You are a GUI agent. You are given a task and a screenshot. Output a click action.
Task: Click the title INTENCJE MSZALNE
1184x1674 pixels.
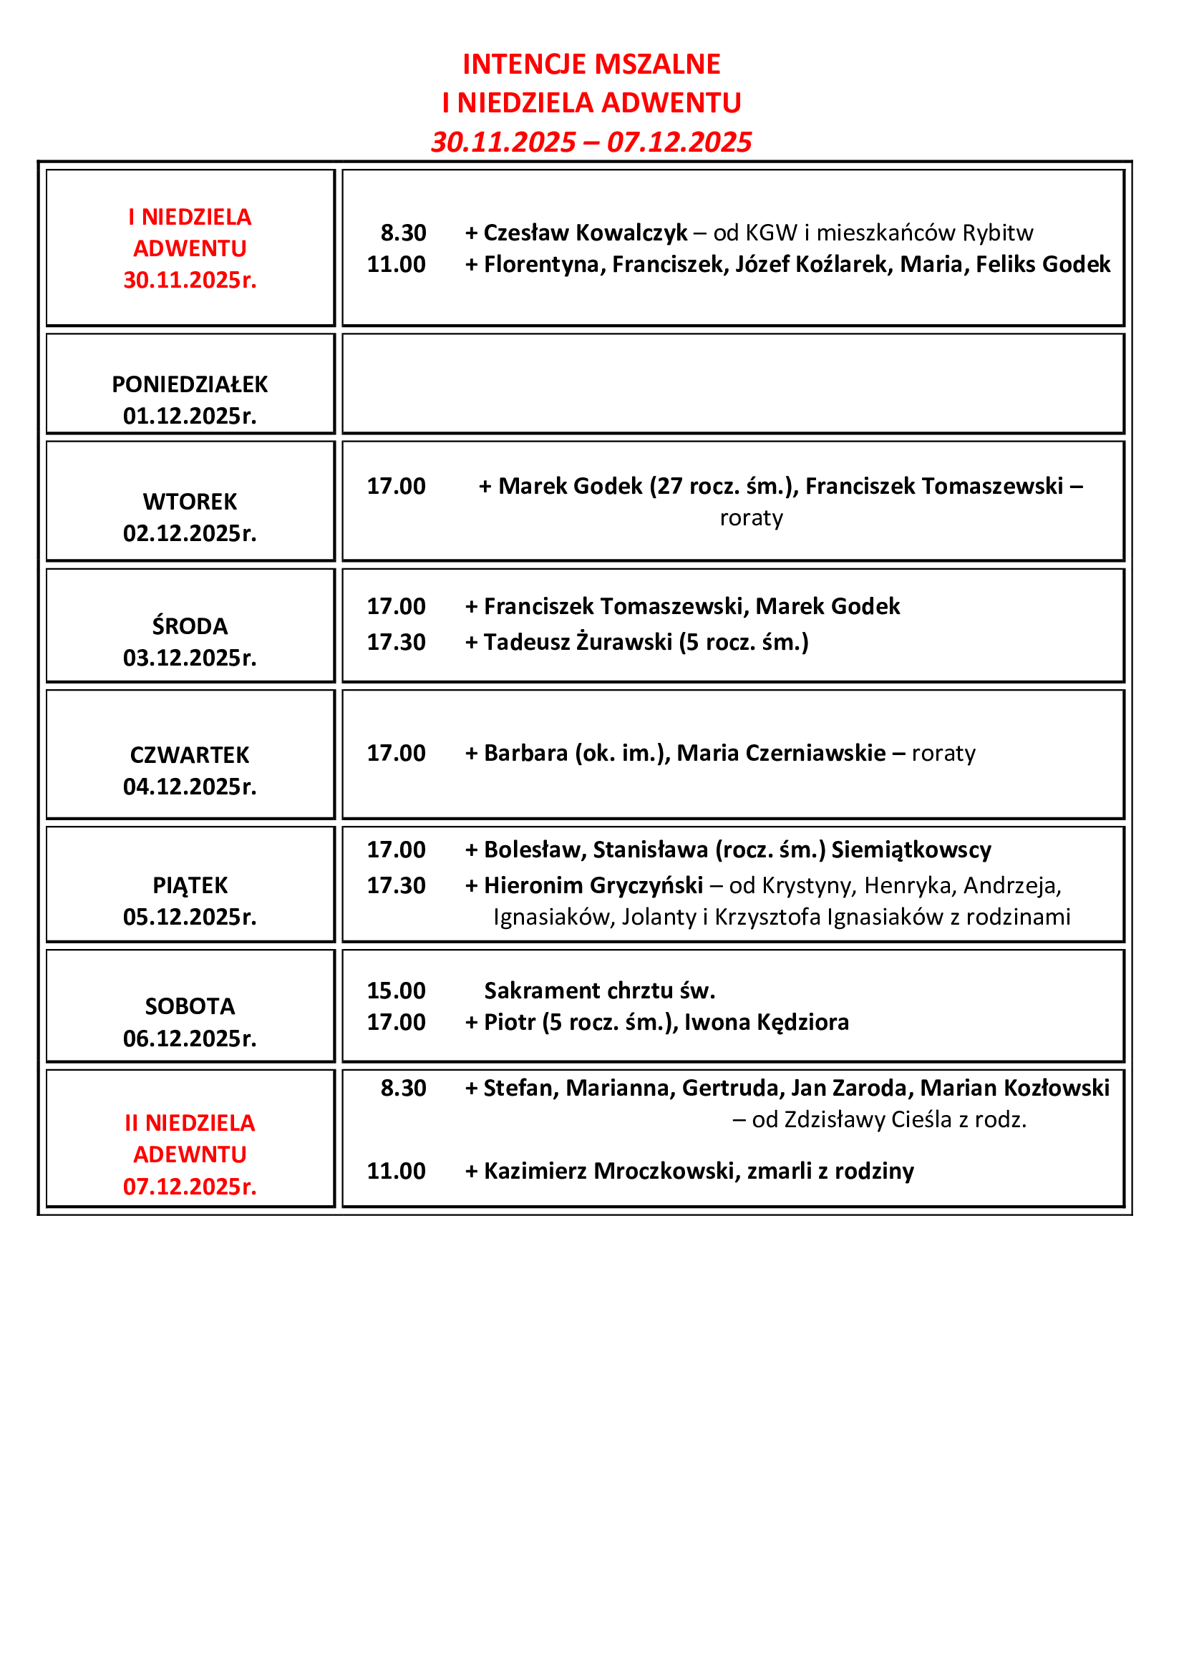591,64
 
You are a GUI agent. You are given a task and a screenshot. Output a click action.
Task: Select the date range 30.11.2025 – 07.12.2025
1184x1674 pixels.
591,142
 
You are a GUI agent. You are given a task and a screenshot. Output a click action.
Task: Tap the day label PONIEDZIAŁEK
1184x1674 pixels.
190,384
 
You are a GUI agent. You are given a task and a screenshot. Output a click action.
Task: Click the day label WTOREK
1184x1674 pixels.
190,502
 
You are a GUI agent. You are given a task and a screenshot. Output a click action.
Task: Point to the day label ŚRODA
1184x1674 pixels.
190,626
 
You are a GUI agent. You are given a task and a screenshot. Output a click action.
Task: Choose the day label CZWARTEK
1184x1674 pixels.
190,755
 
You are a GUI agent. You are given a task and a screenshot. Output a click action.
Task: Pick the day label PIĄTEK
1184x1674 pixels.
190,885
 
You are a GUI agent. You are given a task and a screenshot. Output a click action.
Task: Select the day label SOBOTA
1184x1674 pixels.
190,1006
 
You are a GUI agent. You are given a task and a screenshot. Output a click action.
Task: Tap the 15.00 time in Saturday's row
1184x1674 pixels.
396,991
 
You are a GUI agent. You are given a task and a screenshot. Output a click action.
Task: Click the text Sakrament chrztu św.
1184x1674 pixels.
599,991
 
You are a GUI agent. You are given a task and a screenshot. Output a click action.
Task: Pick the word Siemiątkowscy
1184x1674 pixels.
911,850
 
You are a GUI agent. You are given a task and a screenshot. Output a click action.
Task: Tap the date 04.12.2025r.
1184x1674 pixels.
190,787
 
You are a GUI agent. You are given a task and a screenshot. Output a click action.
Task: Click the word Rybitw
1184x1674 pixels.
997,233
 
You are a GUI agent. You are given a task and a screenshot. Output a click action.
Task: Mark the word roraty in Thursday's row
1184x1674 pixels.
943,753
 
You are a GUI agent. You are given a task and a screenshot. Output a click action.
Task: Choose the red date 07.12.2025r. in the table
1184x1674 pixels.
190,1187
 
